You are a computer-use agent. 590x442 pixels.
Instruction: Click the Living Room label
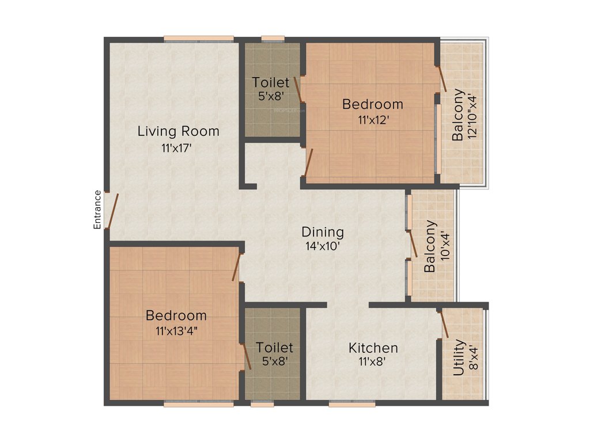tap(178, 131)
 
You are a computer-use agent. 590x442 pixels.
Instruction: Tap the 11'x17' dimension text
tap(176, 148)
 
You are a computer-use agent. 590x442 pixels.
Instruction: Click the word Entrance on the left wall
tap(97, 209)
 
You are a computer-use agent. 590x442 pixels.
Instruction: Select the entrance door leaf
tap(114, 211)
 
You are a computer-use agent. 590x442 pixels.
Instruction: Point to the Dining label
tap(323, 232)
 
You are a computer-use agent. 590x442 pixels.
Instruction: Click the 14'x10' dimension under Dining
tap(323, 247)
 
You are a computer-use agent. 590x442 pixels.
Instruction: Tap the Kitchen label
tap(373, 348)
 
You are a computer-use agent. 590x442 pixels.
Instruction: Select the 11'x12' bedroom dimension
tap(372, 120)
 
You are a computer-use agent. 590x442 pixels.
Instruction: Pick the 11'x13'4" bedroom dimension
tap(176, 331)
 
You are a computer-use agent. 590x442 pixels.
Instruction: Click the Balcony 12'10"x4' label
tap(464, 115)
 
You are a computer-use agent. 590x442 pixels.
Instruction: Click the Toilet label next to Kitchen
tap(274, 348)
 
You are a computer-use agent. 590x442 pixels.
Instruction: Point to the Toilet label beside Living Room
tap(271, 83)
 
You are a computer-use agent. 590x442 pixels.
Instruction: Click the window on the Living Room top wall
tap(199, 39)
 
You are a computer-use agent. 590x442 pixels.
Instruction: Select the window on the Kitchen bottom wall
tap(352, 404)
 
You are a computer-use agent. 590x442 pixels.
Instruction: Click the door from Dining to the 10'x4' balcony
tap(413, 244)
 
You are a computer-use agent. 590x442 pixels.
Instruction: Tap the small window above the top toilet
tap(273, 39)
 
